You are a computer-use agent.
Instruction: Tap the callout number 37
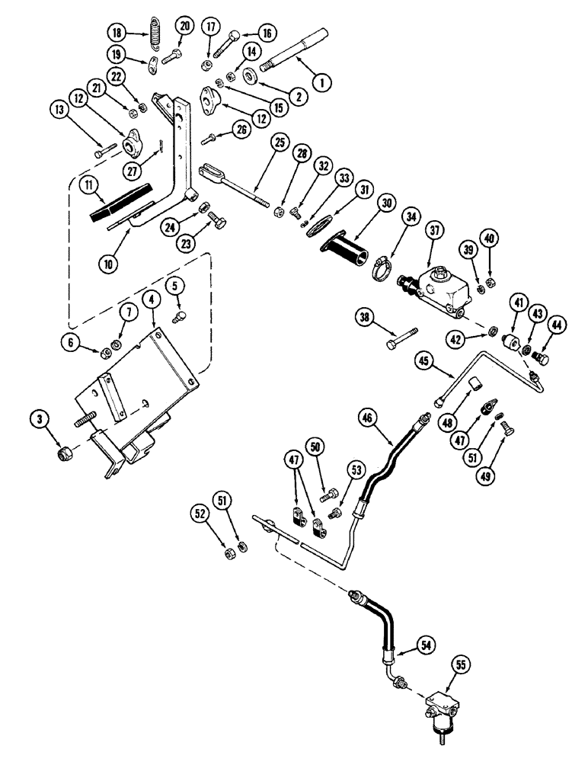tap(436, 232)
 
